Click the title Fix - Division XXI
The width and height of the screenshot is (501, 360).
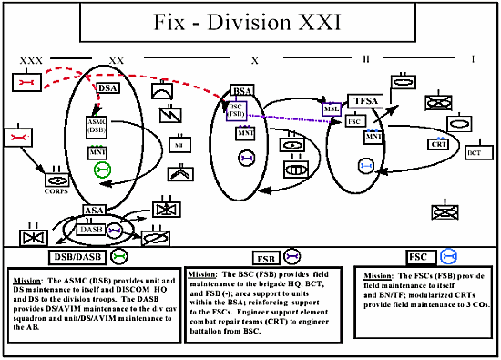click(250, 20)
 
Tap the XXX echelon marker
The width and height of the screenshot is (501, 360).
click(30, 59)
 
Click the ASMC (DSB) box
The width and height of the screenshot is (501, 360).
click(97, 126)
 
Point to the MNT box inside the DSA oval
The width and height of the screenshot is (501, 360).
click(98, 151)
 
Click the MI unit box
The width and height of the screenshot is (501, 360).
click(179, 145)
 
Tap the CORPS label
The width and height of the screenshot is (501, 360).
click(56, 190)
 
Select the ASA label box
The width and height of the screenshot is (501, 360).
click(94, 211)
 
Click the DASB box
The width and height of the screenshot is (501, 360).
click(91, 230)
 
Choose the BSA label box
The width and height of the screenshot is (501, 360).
click(242, 91)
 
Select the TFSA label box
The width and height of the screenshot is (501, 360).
click(365, 99)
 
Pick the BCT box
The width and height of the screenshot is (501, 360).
click(474, 152)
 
